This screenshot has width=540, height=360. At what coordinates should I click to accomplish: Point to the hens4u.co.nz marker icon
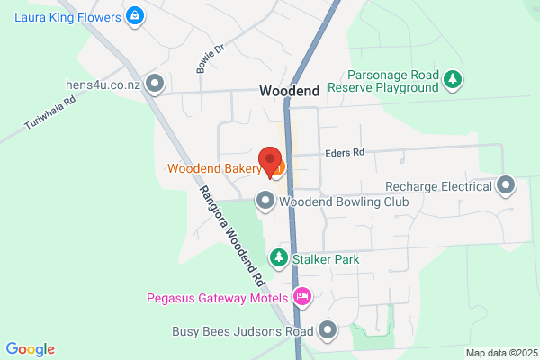tap(155, 85)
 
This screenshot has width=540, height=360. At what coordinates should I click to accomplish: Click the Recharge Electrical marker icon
tap(506, 186)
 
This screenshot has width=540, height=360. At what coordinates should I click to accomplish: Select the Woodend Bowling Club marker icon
tap(265, 202)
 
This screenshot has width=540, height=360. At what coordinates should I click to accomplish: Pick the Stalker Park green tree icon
tap(280, 259)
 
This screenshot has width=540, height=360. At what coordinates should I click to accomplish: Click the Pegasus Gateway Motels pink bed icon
tap(303, 296)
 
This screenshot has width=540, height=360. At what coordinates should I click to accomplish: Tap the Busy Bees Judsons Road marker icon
tap(327, 330)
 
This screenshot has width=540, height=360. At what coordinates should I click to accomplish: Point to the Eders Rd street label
tap(346, 153)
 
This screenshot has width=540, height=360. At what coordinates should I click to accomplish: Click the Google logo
tap(31, 349)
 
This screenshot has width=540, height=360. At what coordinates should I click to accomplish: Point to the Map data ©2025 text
tap(500, 352)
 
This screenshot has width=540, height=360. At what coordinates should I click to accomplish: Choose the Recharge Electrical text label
tap(438, 186)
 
